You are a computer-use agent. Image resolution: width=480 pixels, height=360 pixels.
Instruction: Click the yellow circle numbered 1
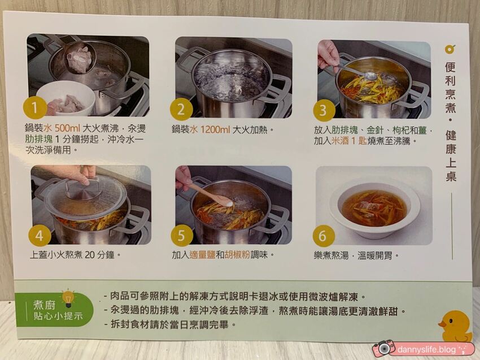[35, 107]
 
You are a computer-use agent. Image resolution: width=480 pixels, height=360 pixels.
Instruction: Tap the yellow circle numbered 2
[181, 109]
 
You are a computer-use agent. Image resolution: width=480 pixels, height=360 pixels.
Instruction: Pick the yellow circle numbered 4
[40, 235]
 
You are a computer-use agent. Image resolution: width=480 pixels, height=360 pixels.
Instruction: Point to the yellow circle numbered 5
[182, 235]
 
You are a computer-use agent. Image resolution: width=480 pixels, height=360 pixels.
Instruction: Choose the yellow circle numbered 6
[324, 236]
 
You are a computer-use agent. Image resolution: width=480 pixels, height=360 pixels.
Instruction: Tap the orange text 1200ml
[215, 129]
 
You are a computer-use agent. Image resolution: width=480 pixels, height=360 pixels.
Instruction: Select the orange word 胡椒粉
[237, 255]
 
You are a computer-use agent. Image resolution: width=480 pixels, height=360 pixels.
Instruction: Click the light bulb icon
[68, 297]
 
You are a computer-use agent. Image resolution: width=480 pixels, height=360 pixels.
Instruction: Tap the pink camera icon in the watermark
[384, 348]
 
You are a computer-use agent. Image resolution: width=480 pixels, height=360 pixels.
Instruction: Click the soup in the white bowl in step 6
[374, 208]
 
